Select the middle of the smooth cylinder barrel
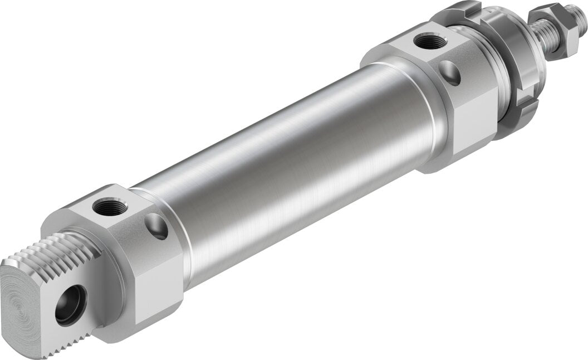(290, 167)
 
